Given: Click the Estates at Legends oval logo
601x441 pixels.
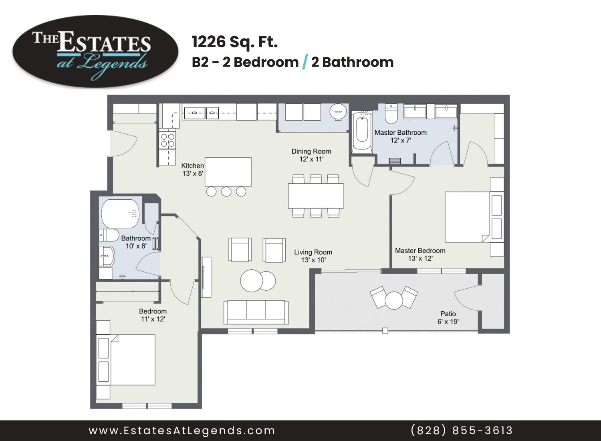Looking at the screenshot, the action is (95, 51).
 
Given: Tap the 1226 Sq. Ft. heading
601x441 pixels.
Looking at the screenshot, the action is (235, 42).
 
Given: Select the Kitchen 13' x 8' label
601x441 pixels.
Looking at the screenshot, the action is (193, 170).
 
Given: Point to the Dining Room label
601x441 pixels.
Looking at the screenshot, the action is (311, 152).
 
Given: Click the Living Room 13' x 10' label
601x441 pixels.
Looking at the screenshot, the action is (313, 256).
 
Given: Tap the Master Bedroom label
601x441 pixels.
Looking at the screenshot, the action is (420, 251).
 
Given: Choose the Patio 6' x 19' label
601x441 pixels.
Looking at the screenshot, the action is (448, 318).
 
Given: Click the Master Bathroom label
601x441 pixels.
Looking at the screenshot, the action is (401, 133).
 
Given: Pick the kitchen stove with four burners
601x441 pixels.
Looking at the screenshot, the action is (167, 140).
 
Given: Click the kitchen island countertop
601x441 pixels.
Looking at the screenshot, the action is (228, 172).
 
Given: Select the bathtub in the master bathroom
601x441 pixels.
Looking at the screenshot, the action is (362, 133).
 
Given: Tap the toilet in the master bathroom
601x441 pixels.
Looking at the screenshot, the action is (391, 114).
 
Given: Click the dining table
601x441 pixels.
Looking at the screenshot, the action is (316, 196).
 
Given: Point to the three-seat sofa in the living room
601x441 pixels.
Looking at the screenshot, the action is (256, 312).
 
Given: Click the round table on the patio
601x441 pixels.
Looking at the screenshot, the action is (394, 300).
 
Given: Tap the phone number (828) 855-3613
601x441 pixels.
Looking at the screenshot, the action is (462, 431).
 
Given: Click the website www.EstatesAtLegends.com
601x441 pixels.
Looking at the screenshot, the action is (182, 431).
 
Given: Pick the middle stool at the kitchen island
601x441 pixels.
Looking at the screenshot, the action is (226, 191).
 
